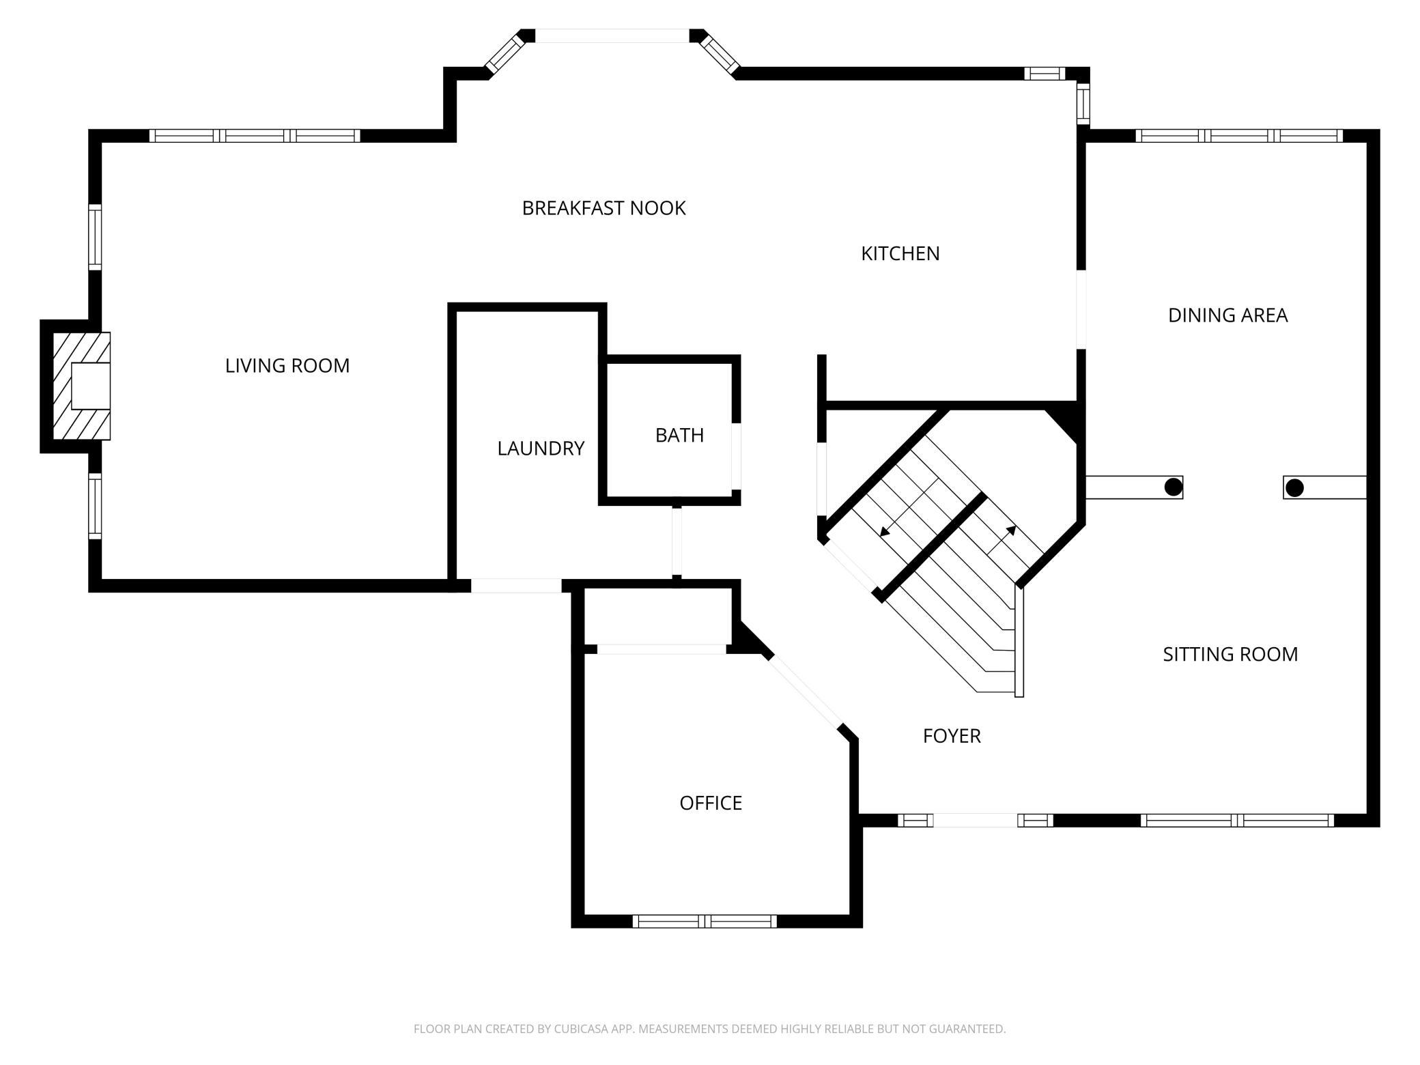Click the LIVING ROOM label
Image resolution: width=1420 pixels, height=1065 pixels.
point(287,366)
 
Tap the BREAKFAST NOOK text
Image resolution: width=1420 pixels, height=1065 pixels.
point(603,208)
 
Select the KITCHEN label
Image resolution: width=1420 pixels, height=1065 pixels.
point(900,254)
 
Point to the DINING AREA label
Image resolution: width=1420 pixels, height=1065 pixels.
point(1227,315)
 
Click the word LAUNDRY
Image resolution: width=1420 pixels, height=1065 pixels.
point(541,449)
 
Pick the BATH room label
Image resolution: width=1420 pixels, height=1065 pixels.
point(679,436)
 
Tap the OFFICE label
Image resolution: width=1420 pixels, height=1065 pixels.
point(711,803)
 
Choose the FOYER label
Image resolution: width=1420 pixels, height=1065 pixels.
point(952,736)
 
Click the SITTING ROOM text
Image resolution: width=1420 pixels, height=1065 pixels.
point(1230,655)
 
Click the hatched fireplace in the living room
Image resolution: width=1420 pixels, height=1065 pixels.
point(82,386)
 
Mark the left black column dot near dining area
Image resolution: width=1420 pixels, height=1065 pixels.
point(1173,487)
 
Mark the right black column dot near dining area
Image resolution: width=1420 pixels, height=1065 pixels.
point(1294,488)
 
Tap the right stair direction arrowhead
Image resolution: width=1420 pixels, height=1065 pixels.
point(1011,530)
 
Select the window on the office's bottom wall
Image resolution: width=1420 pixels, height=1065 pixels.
point(705,922)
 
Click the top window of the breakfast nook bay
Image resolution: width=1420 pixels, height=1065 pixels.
point(612,35)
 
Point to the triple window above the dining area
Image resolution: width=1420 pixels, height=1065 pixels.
point(1239,136)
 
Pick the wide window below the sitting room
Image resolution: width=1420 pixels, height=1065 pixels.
point(1237,821)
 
